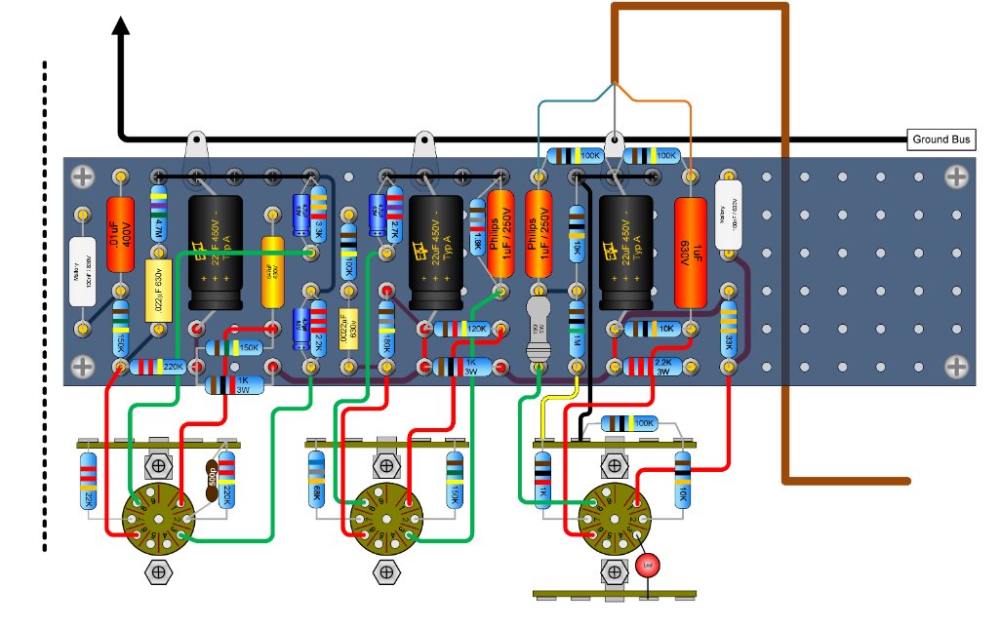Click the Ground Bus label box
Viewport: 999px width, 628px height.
pyautogui.click(x=941, y=140)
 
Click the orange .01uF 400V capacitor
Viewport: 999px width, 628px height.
pyautogui.click(x=120, y=235)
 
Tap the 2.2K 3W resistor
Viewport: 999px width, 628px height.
pyautogui.click(x=651, y=367)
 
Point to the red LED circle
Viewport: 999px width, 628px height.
pyautogui.click(x=646, y=566)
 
